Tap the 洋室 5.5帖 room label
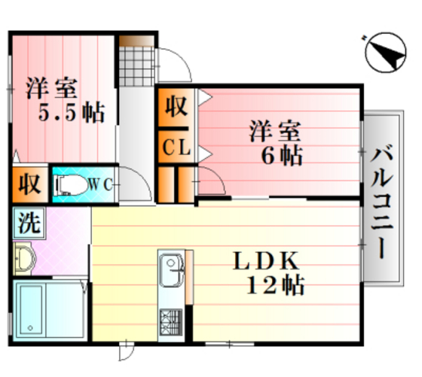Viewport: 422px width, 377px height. (x=63, y=101)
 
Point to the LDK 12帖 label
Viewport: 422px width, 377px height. (x=267, y=272)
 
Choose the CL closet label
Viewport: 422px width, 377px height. (x=176, y=147)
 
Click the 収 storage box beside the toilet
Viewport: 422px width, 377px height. (x=27, y=184)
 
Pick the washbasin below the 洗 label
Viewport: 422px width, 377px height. (x=26, y=259)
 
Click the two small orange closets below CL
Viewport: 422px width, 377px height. (x=176, y=183)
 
